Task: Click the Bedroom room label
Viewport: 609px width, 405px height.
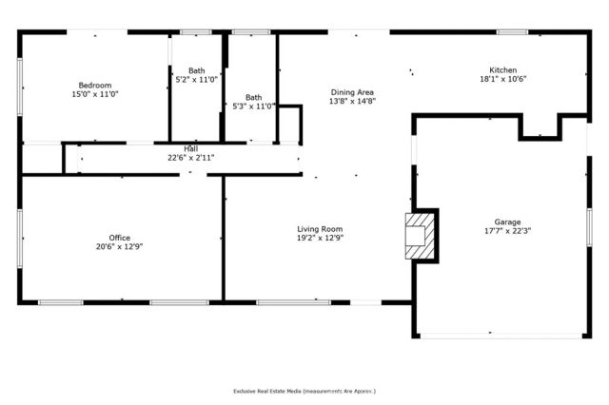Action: click(95, 85)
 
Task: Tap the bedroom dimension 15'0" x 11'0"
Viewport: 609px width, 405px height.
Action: click(95, 94)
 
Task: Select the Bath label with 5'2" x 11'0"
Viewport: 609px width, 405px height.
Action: click(196, 70)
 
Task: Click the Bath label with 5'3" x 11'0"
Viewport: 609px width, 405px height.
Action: click(253, 96)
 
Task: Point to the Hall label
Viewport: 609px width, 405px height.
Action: click(190, 148)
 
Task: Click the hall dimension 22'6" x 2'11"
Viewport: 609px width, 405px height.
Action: click(190, 157)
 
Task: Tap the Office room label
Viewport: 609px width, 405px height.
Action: click(119, 238)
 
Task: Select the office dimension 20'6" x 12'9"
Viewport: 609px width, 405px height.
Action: click(119, 247)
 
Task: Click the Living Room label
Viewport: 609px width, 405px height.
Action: click(320, 229)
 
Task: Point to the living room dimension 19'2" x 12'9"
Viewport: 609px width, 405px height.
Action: click(320, 239)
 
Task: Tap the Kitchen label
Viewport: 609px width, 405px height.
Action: click(504, 69)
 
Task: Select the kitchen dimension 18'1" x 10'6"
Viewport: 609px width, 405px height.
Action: click(504, 79)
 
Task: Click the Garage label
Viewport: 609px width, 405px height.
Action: click(507, 221)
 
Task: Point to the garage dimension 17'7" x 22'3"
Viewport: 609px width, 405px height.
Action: click(507, 230)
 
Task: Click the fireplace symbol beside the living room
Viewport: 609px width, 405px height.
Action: click(418, 235)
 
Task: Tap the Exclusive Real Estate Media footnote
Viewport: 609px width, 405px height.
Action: click(304, 391)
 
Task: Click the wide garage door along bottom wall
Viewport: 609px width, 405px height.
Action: click(501, 335)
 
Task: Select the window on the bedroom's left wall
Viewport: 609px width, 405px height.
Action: click(20, 86)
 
